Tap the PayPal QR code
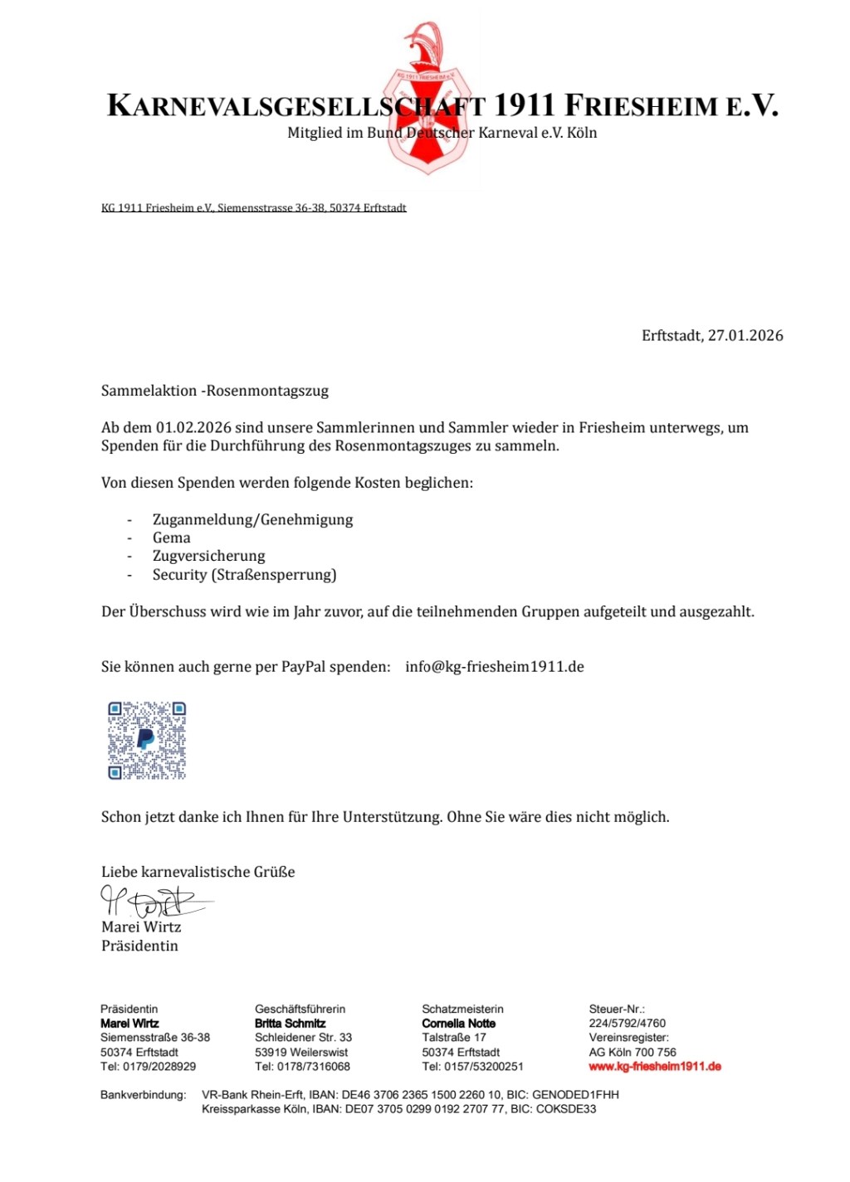tap(147, 740)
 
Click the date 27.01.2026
tap(745, 335)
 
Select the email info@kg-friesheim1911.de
tap(495, 666)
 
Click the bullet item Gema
tap(171, 537)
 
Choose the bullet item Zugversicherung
tap(208, 556)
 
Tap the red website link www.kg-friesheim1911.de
tap(654, 1067)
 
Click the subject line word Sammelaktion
tap(149, 391)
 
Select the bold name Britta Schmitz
tap(290, 1024)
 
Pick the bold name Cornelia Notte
tap(458, 1024)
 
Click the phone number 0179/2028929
tap(159, 1067)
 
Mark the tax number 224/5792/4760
tap(627, 1024)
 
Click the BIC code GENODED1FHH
tap(575, 1095)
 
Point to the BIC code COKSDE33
tap(566, 1109)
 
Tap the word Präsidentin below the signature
tap(139, 946)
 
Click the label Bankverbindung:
tap(143, 1095)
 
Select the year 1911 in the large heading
tap(525, 106)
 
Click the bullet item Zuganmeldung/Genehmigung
tap(252, 519)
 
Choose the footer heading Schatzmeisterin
tap(462, 1009)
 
